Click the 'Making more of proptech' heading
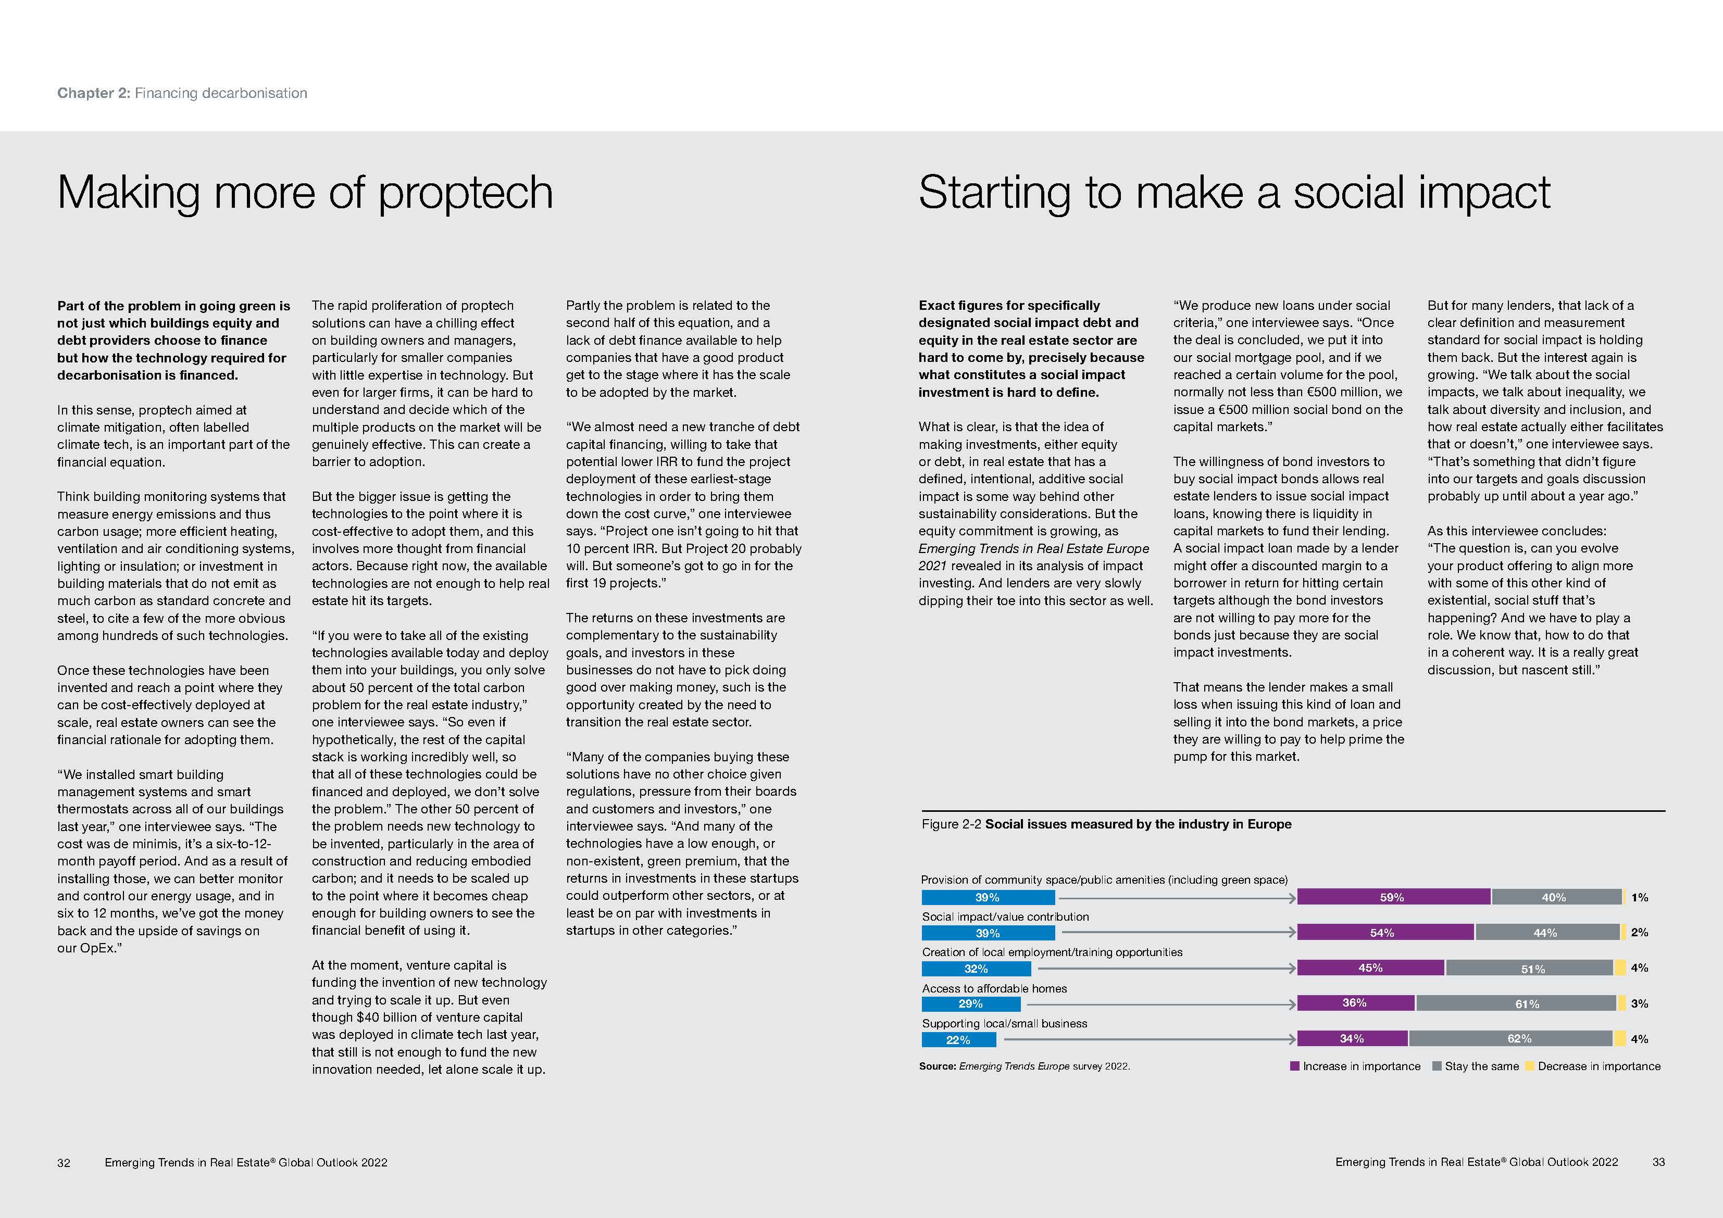(x=305, y=193)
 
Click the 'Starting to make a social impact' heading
(x=1234, y=193)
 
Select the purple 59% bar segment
(x=1393, y=897)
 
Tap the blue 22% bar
(x=958, y=1039)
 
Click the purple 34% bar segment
(x=1352, y=1039)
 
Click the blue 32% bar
(x=976, y=968)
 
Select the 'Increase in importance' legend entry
(x=1355, y=1066)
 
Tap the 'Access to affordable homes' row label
(x=994, y=988)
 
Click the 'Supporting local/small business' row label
(x=1004, y=1024)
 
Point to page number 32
(x=64, y=1162)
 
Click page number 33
(x=1658, y=1162)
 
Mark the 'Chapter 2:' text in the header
(x=94, y=93)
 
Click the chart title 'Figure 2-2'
(x=951, y=824)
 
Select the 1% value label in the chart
(x=1639, y=898)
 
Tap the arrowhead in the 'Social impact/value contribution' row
(x=1292, y=933)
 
